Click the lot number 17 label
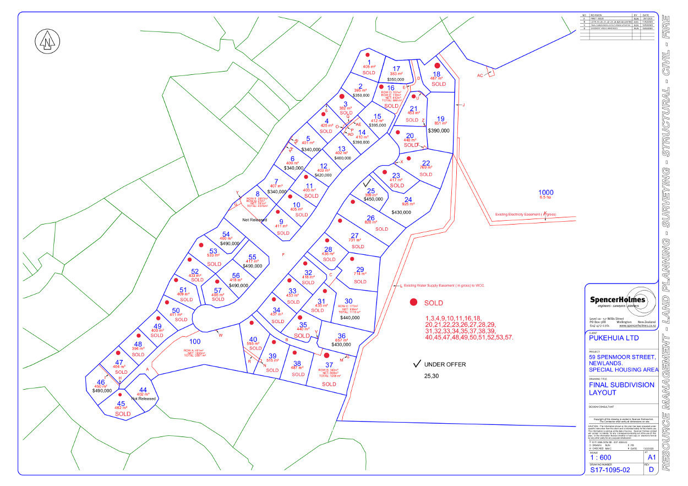pyautogui.click(x=396, y=68)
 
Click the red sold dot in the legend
pyautogui.click(x=413, y=302)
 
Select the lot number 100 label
pyautogui.click(x=194, y=341)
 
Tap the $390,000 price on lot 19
pyautogui.click(x=439, y=130)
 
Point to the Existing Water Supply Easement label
pyautogui.click(x=444, y=286)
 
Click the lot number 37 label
pyautogui.click(x=329, y=364)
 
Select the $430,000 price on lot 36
pyautogui.click(x=341, y=345)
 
